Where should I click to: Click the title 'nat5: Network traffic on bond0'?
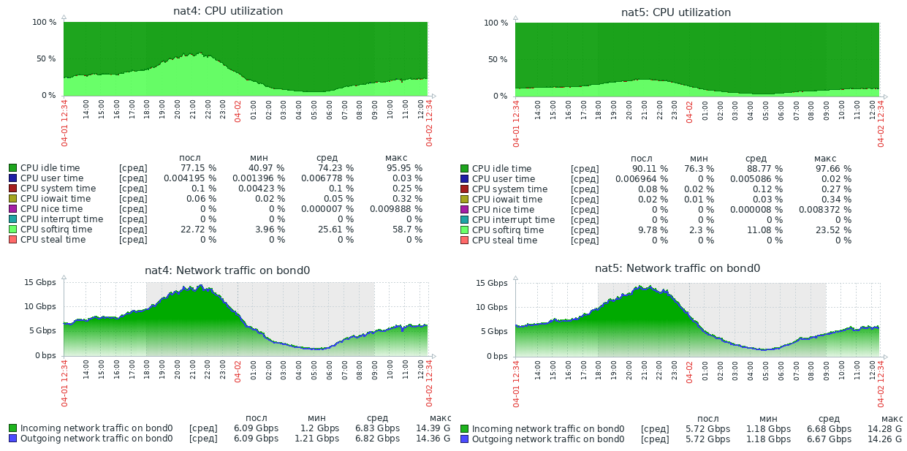click(678, 268)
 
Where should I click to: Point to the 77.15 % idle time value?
click(197, 168)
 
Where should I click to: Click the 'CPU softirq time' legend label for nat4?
click(56, 230)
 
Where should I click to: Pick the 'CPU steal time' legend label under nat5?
click(504, 240)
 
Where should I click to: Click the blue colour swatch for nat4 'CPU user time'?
click(12, 178)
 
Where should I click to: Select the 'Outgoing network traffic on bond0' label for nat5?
click(547, 439)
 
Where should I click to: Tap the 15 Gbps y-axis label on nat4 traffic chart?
click(40, 282)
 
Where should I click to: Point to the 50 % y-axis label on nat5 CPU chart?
click(496, 59)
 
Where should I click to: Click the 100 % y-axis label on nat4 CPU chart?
click(45, 22)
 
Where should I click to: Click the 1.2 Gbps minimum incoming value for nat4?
click(319, 428)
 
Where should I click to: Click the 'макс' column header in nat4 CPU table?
click(396, 157)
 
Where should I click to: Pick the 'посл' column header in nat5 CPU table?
click(642, 158)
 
